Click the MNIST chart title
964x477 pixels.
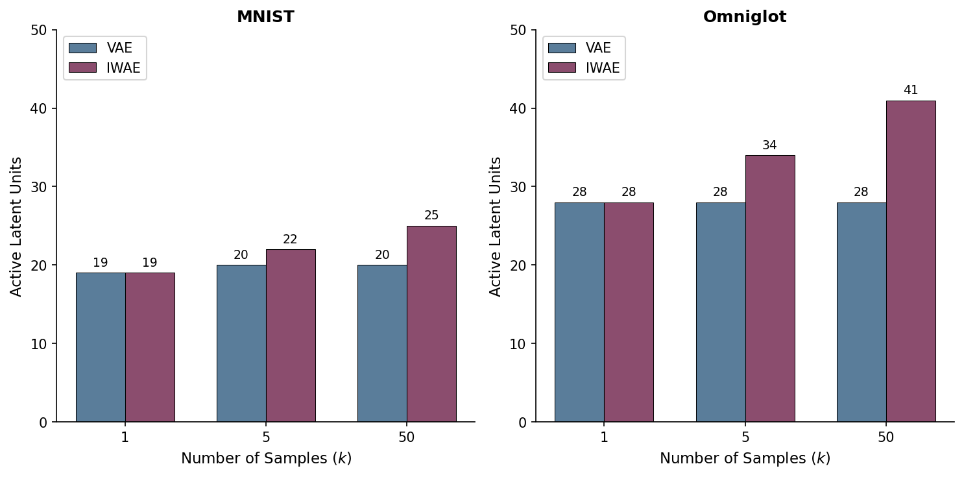[265, 18]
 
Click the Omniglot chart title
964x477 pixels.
[745, 18]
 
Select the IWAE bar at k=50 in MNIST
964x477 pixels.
[431, 324]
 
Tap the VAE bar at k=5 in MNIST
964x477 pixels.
[241, 343]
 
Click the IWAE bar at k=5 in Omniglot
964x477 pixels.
[770, 289]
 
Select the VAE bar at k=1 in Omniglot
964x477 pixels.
[579, 312]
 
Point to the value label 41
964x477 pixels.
[911, 90]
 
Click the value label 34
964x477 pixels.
[770, 145]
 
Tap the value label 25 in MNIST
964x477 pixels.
[431, 215]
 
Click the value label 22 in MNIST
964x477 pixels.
[290, 239]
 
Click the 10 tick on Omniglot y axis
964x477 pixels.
[518, 343]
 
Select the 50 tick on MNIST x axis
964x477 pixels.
[407, 437]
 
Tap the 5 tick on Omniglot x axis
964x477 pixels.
[745, 437]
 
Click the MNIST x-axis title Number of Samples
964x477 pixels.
[266, 459]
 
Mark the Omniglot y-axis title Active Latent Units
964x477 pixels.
[496, 226]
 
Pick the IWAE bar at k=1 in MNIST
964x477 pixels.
[150, 347]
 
